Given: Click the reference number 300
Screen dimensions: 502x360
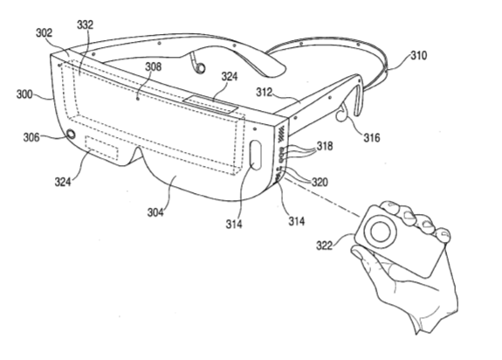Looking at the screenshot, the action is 24,94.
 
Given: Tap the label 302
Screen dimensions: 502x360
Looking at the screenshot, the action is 44,32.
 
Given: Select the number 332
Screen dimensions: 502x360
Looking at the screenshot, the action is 85,24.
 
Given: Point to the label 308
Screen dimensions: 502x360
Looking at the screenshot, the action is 154,66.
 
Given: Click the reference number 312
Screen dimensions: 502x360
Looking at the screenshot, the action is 265,93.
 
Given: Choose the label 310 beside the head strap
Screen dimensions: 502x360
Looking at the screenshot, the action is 419,55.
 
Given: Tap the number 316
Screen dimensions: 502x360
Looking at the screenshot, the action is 371,138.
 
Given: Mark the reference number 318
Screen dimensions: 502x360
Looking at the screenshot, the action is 325,146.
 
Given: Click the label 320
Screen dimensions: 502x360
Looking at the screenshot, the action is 320,182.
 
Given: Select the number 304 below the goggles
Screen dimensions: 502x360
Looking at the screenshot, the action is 155,212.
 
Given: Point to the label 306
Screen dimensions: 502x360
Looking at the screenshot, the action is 31,137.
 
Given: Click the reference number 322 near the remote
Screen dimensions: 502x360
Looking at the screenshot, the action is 325,246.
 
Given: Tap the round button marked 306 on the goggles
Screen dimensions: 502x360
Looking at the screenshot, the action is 71,134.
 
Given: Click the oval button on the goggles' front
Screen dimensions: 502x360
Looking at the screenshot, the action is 256,155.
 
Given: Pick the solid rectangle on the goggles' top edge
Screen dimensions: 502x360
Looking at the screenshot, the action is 210,104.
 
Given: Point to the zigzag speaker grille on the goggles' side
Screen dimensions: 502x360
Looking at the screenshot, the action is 281,135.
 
